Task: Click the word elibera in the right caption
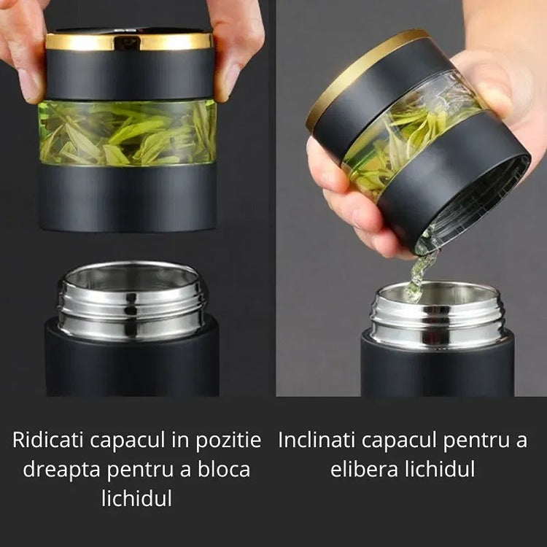click(362, 469)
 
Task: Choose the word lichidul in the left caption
click(136, 498)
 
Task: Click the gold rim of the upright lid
click(129, 42)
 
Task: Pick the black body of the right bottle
click(438, 368)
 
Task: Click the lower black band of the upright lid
click(128, 197)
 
